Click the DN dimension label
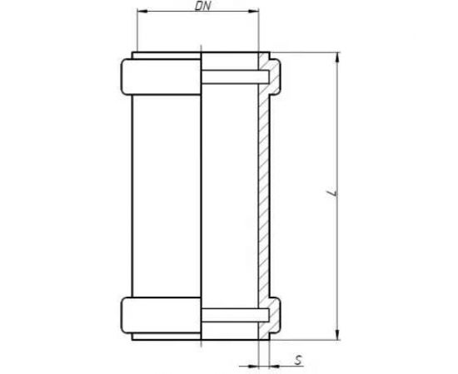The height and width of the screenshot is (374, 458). click(202, 6)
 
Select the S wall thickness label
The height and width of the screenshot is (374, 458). click(298, 360)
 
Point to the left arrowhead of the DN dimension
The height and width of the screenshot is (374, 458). click(142, 11)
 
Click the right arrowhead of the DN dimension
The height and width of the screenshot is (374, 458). click(254, 11)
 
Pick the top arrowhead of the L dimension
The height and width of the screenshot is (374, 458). click(337, 57)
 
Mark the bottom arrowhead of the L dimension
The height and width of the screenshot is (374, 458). click(337, 335)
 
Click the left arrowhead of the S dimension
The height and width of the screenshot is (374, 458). click(253, 366)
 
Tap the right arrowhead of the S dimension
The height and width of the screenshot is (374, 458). click(275, 366)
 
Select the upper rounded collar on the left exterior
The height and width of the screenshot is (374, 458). click(161, 77)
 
